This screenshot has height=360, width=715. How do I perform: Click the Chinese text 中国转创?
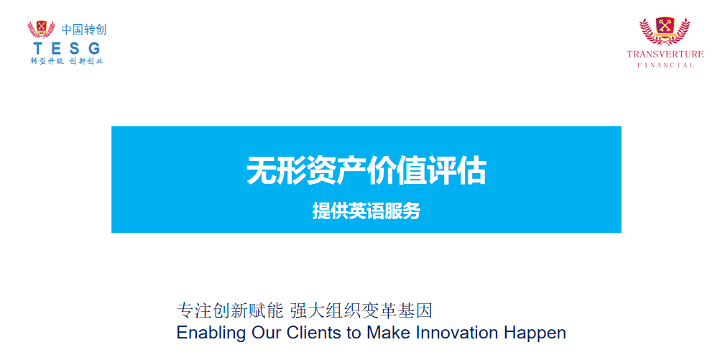coord(84,29)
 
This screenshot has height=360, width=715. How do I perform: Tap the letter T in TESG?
coord(38,48)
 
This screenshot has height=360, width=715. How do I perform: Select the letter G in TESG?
coord(94,48)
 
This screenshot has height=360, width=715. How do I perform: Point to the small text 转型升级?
coord(47,61)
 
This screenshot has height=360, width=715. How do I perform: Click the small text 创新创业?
coord(86,61)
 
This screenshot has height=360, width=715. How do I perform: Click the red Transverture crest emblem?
coord(665,31)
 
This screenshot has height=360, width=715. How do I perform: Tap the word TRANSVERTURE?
coord(665,54)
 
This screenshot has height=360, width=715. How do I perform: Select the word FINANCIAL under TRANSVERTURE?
coord(665,65)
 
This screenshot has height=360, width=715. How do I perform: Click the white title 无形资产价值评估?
coord(366,171)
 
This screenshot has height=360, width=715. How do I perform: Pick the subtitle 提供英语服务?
coord(366,211)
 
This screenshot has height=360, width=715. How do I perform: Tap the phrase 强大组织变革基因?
coord(361,311)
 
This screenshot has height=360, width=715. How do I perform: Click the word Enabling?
coord(211,333)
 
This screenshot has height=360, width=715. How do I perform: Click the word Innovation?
coord(457,333)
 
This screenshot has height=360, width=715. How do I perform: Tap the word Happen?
coord(535,333)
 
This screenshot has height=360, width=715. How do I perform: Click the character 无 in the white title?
coord(262,171)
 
